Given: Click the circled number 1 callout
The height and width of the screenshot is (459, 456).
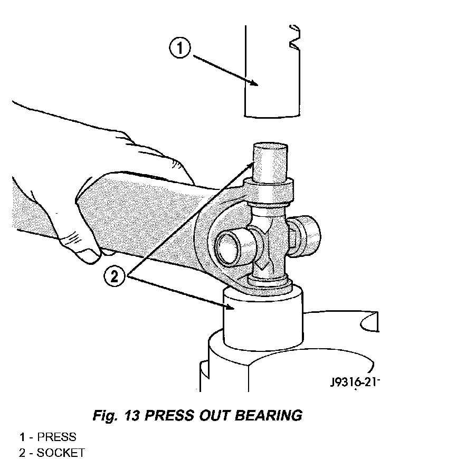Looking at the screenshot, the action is click(180, 47).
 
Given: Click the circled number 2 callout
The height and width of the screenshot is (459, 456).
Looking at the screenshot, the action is click(114, 276).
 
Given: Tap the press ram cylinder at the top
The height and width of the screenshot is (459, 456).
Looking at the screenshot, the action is click(272, 72).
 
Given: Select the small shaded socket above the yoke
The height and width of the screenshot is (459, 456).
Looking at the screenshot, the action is click(270, 162).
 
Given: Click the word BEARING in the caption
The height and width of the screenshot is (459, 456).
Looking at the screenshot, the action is click(269, 415).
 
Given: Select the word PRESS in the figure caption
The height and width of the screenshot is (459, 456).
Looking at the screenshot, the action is click(169, 415).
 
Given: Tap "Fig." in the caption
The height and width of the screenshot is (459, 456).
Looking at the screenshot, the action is click(105, 416).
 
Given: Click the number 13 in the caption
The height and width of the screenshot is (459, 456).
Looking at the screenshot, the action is click(131, 415).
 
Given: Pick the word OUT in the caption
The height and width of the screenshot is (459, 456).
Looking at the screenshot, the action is click(214, 415).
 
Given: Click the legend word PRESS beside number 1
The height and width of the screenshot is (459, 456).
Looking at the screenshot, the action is click(56, 437).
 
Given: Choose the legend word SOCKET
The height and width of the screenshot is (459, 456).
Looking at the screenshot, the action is click(61, 453).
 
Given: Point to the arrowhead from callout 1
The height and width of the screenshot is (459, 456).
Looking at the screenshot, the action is click(253, 83).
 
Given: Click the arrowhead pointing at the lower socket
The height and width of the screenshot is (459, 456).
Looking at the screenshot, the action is click(229, 306).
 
